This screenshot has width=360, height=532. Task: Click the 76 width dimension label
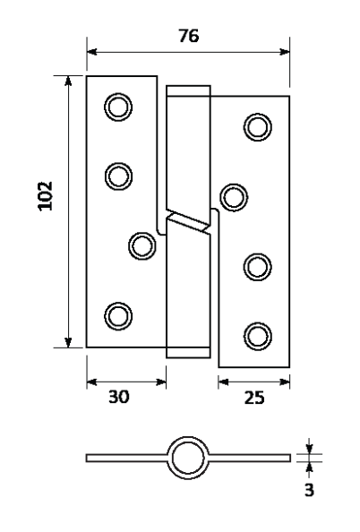point(189,36)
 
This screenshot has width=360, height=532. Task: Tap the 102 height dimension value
point(46,196)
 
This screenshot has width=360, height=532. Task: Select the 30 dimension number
point(119,397)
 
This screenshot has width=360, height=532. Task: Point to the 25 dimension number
point(254,398)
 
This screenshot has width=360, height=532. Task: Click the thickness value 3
point(309,490)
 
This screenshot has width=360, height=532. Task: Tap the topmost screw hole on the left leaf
point(118,107)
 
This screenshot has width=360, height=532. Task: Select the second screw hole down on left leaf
point(118,176)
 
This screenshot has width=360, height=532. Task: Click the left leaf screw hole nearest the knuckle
point(142,246)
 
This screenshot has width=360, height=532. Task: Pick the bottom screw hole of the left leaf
point(118,316)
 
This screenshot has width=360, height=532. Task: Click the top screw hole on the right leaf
point(258,127)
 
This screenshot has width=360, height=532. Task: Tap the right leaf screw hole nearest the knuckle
point(234,197)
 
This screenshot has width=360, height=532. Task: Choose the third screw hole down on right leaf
point(258,267)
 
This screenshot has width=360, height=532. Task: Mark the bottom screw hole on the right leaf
point(258,336)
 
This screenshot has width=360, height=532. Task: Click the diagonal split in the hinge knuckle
point(188,221)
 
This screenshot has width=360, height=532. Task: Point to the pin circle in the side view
point(188,458)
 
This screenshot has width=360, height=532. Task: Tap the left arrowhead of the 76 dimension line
point(91,52)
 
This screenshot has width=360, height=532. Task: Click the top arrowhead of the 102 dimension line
point(69,81)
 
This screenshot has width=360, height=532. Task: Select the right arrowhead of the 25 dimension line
point(285,382)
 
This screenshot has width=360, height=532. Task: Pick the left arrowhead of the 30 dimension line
point(92,382)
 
